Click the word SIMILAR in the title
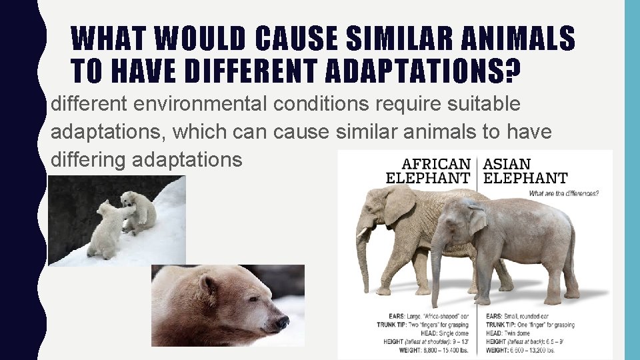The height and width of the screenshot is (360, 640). coord(383,39)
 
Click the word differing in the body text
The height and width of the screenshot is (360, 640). coord(89,160)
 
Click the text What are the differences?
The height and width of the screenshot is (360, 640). coord(563,194)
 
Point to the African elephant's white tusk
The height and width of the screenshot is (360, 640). coord(363,234)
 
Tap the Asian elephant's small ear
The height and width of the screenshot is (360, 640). coord(477,221)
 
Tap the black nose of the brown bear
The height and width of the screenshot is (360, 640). coord(283,322)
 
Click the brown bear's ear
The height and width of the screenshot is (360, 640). coord(209,285)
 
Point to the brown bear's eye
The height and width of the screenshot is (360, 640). coord(248,298)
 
